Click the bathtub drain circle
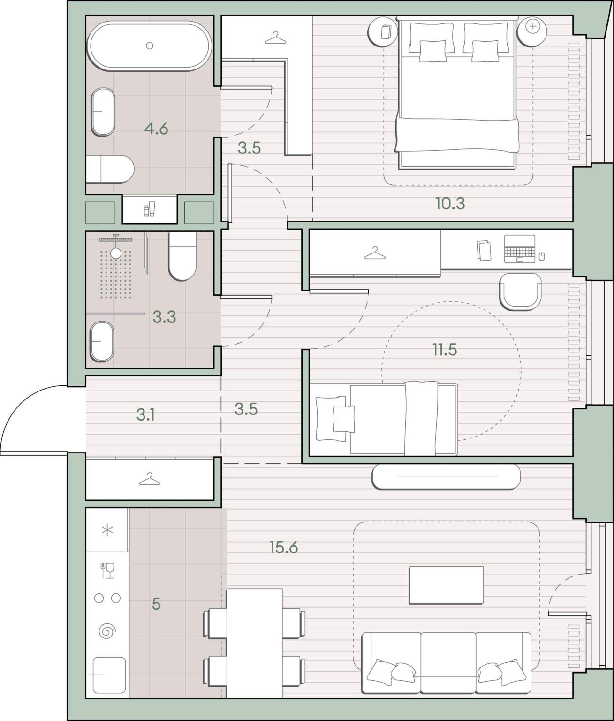pos(150,46)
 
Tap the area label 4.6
pos(156,129)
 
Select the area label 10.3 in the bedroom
pos(450,203)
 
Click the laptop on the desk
pos(520,249)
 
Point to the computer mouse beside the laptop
pos(542,257)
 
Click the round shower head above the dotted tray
pos(116,253)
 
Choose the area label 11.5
pos(445,350)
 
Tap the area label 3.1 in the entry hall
pos(145,415)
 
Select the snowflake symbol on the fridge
pos(107,530)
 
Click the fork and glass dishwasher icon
pos(107,571)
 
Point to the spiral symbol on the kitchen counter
pos(107,631)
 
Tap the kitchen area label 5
pos(156,604)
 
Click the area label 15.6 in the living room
pos(284,548)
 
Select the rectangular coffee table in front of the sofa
pos(446,585)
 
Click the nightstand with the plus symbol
pos(532,31)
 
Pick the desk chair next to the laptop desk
pos(520,291)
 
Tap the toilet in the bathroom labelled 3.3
pos(182,256)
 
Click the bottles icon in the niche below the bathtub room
pos(149,209)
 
